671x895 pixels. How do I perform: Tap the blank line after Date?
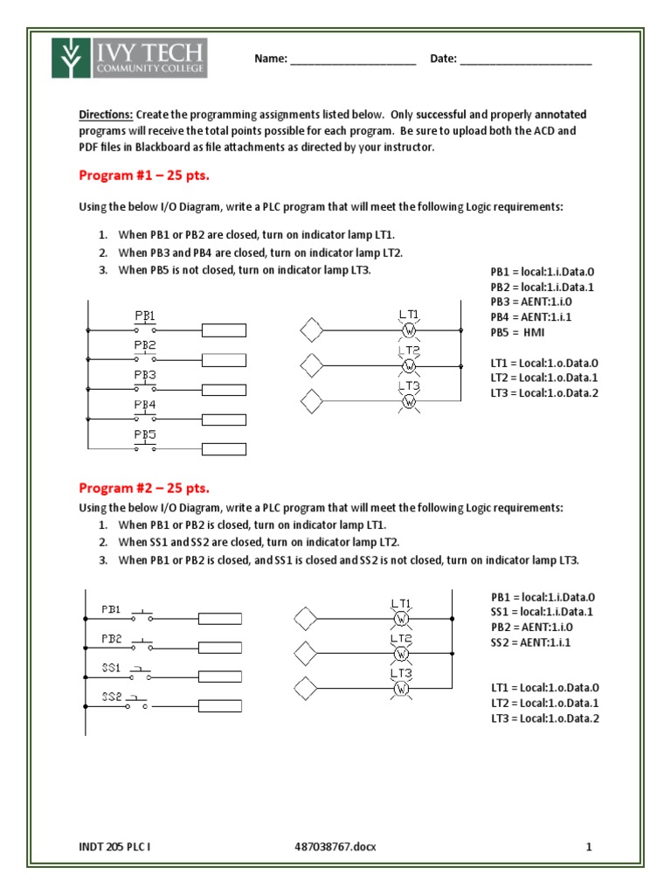click(525, 59)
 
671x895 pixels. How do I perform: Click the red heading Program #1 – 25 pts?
click(144, 175)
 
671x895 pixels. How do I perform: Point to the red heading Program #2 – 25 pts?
click(144, 487)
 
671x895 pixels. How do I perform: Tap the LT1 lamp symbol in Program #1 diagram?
click(408, 330)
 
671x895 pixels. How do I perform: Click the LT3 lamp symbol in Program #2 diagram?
click(401, 689)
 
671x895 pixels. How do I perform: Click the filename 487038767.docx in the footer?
click(336, 846)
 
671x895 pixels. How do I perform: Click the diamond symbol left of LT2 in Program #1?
click(311, 363)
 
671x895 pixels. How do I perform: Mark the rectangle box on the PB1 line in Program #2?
click(223, 620)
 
